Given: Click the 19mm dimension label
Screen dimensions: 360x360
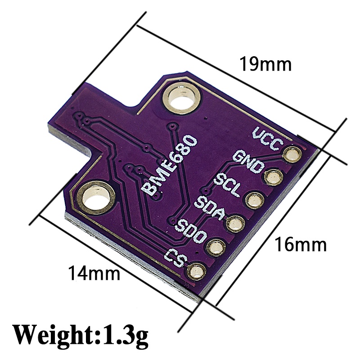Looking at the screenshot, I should [265, 64].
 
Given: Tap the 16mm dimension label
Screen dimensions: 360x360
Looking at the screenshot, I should [300, 245].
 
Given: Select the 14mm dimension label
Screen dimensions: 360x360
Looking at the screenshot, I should [94, 273].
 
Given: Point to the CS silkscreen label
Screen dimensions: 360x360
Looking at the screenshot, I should [175, 258].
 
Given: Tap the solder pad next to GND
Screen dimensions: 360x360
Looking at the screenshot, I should [273, 177].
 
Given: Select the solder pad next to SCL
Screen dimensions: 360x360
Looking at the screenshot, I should [254, 200].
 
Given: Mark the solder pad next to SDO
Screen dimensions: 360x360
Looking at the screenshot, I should [216, 246].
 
